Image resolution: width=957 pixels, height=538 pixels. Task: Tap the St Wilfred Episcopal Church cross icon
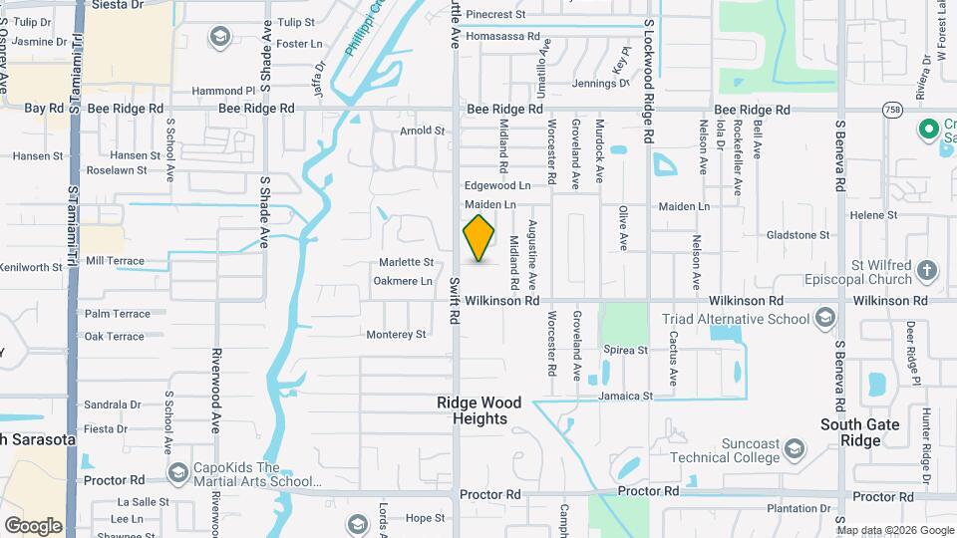pos(927,270)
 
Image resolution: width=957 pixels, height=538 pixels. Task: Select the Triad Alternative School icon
pos(824,318)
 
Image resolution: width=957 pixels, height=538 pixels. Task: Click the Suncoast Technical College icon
pos(794,447)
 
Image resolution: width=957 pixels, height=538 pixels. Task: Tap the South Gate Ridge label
pos(860,432)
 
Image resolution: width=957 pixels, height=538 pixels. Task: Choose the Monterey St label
pos(396,335)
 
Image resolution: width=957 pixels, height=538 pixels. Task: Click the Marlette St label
pos(406,262)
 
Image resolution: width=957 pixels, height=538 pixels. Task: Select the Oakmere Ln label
pos(402,281)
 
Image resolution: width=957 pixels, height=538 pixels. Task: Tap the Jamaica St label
pos(625,396)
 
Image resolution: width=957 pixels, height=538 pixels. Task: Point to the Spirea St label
pos(626,351)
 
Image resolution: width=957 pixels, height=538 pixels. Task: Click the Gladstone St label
pos(798,235)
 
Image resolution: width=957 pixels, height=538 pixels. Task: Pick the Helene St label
pos(873,215)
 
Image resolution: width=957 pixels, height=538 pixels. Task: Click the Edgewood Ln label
pos(496,185)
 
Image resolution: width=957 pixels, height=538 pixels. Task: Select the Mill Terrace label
pos(115,261)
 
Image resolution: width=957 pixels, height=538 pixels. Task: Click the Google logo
pos(33,525)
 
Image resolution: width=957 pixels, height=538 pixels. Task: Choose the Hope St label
pos(425,518)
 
